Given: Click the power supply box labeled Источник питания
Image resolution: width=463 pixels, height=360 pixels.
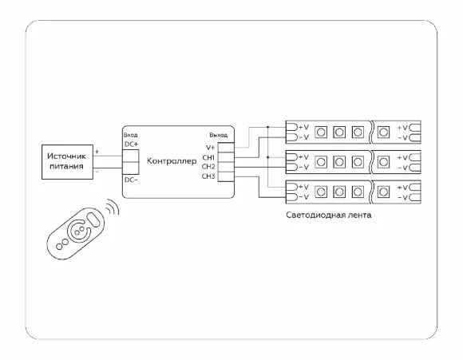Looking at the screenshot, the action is point(67,162).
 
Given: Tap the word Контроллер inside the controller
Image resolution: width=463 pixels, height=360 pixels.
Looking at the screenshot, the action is point(172,161).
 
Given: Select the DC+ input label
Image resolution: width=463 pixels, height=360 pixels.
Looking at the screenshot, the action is point(132,144).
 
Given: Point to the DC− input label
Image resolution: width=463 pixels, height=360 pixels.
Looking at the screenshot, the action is point(131,180).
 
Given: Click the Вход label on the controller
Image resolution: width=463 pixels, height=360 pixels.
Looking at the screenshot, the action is point(130,135).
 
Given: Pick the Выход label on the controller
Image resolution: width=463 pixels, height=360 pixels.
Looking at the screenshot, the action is point(219,135).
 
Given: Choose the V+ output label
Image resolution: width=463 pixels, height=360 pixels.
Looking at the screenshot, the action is point(210,148).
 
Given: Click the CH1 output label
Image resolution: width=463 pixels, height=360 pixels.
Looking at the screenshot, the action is point(208,157).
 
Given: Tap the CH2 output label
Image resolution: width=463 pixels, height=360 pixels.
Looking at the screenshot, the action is point(208,167).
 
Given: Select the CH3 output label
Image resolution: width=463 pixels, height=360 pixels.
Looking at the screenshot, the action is point(208,176).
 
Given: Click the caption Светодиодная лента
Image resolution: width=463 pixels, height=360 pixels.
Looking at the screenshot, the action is point(329,215).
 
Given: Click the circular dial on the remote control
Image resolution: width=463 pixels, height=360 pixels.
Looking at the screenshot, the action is point(78,231).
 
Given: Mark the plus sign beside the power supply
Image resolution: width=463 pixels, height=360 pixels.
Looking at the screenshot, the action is point(97,152).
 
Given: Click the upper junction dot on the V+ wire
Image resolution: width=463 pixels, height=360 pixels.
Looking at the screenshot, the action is point(267,127).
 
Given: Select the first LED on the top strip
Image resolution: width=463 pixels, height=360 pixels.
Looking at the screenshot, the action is point(321,132).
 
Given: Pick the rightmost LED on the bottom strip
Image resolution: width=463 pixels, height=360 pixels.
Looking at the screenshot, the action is point(383,192).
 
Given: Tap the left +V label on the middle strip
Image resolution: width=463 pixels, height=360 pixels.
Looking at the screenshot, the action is point(303,156).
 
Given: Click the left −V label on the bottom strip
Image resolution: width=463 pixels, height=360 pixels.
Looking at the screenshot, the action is point(303,197).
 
